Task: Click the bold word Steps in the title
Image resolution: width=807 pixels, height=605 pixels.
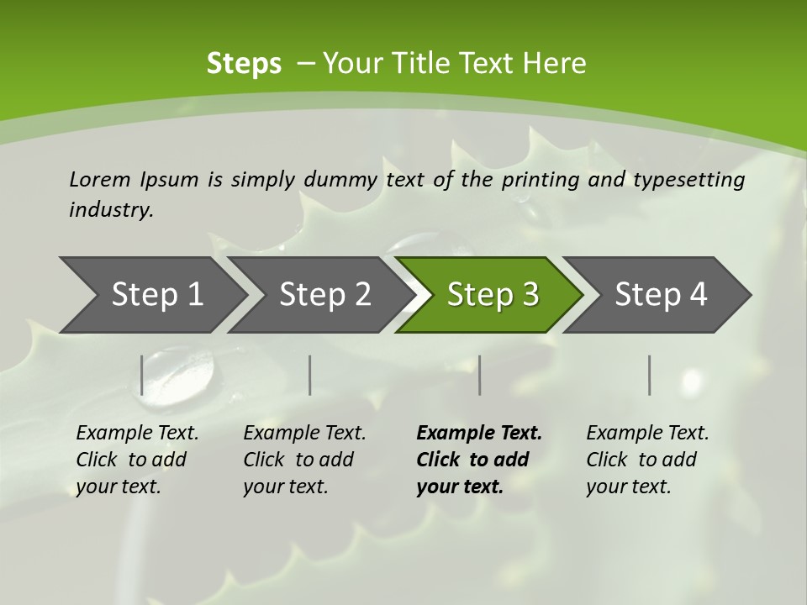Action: pyautogui.click(x=244, y=64)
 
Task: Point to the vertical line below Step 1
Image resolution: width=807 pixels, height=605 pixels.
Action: pyautogui.click(x=142, y=375)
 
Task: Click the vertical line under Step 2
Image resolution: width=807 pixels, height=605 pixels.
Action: pyautogui.click(x=310, y=375)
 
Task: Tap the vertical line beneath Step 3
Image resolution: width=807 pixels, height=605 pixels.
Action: pyautogui.click(x=479, y=375)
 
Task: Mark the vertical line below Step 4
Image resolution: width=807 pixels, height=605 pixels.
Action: pyautogui.click(x=650, y=375)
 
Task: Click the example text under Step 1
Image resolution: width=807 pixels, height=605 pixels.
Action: pyautogui.click(x=137, y=460)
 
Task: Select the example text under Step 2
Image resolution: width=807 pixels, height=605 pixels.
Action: pyautogui.click(x=304, y=460)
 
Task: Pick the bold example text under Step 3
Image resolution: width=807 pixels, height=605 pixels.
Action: pyautogui.click(x=478, y=460)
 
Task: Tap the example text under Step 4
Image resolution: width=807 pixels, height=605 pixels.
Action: pyautogui.click(x=647, y=460)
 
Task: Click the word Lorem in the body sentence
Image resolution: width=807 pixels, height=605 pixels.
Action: pyautogui.click(x=100, y=179)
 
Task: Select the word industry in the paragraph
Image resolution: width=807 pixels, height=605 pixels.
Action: pyautogui.click(x=111, y=209)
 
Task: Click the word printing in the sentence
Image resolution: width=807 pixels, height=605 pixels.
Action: pyautogui.click(x=541, y=179)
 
